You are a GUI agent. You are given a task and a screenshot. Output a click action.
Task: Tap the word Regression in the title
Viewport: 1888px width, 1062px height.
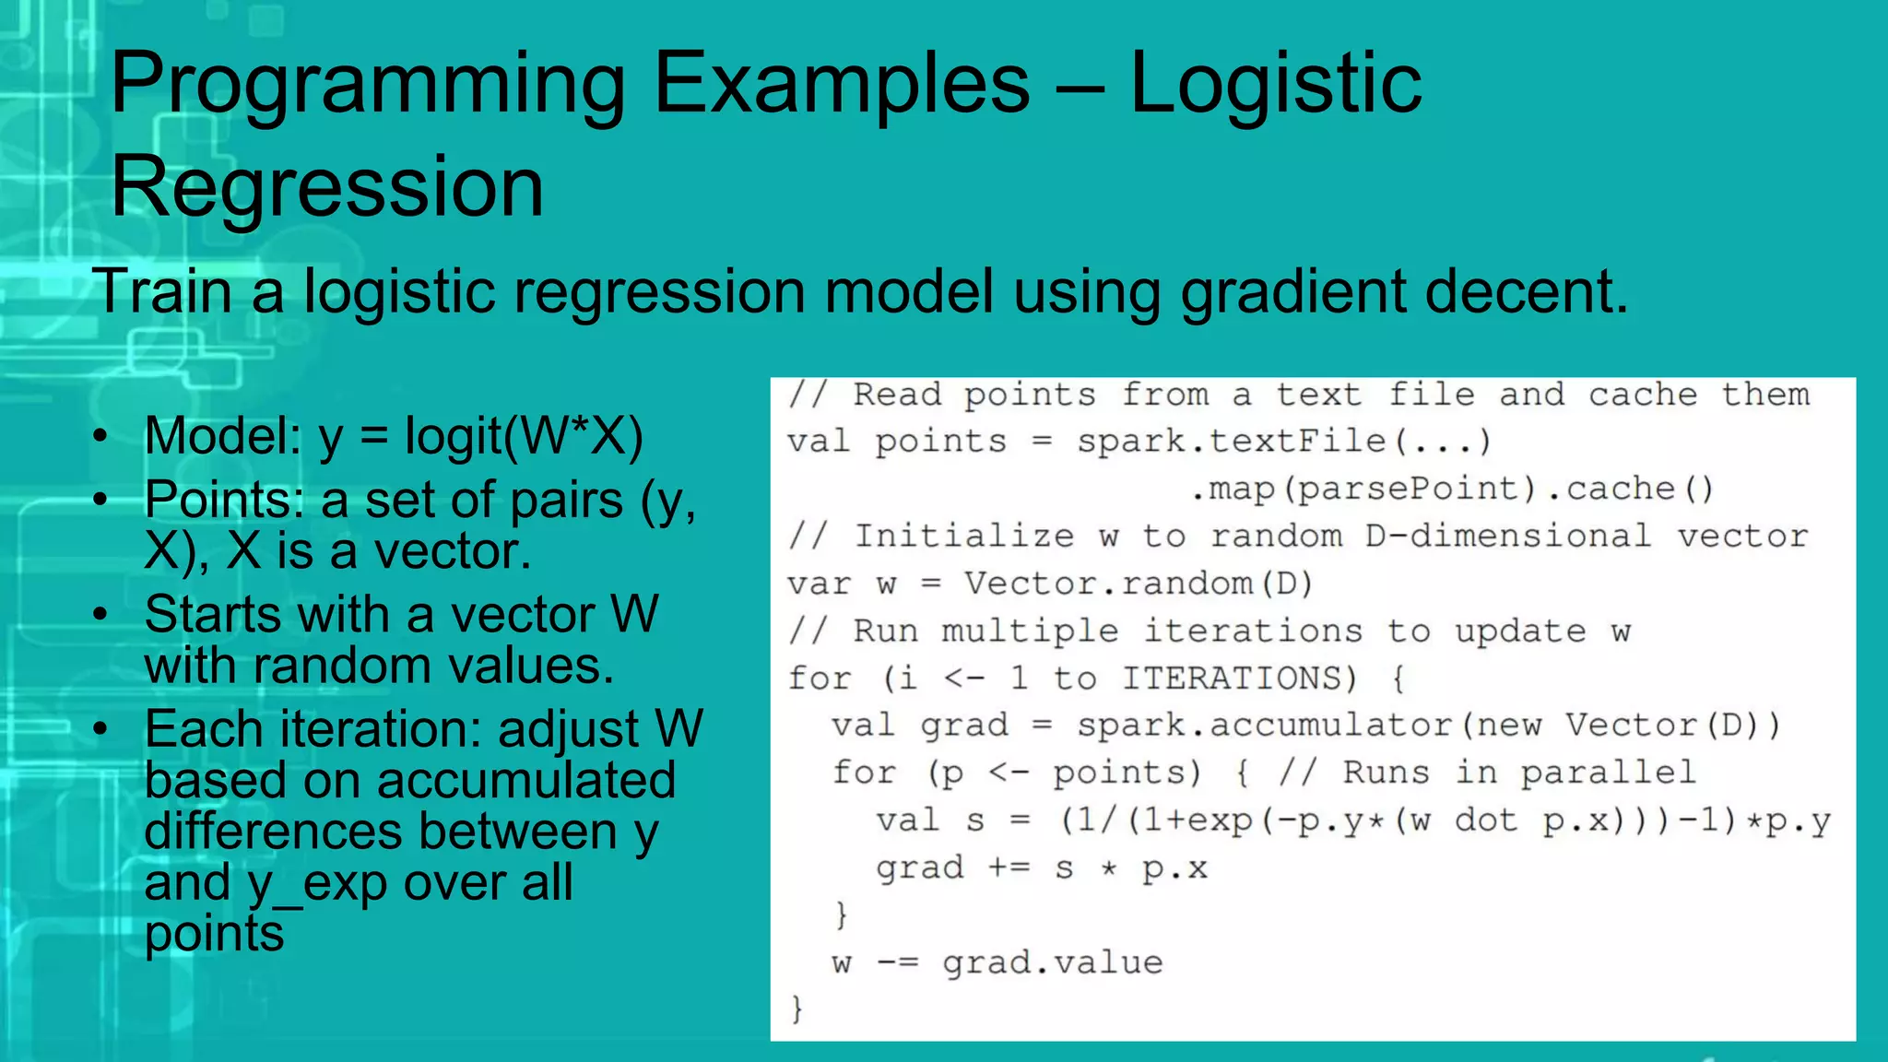coord(327,187)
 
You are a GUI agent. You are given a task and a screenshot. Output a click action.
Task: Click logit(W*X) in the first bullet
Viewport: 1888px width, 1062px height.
coord(524,436)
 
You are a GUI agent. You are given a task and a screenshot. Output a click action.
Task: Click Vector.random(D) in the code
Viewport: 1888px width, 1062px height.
coord(1138,584)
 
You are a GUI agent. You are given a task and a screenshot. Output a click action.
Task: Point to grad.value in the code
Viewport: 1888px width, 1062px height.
coord(1052,963)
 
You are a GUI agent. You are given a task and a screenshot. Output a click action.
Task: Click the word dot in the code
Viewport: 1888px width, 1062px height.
coord(1486,820)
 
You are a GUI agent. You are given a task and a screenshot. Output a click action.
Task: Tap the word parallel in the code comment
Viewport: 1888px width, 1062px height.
coord(1608,773)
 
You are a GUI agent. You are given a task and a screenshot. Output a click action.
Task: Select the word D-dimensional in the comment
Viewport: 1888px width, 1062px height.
coord(1508,537)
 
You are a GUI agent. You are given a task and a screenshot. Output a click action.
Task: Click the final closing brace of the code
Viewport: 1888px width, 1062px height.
coord(797,1009)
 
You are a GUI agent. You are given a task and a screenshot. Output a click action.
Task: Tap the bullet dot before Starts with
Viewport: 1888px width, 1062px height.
coord(100,614)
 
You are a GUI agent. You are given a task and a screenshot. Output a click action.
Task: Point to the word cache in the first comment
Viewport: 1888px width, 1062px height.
coord(1642,395)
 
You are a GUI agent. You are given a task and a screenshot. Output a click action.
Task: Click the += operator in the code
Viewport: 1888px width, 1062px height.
coord(1009,867)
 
